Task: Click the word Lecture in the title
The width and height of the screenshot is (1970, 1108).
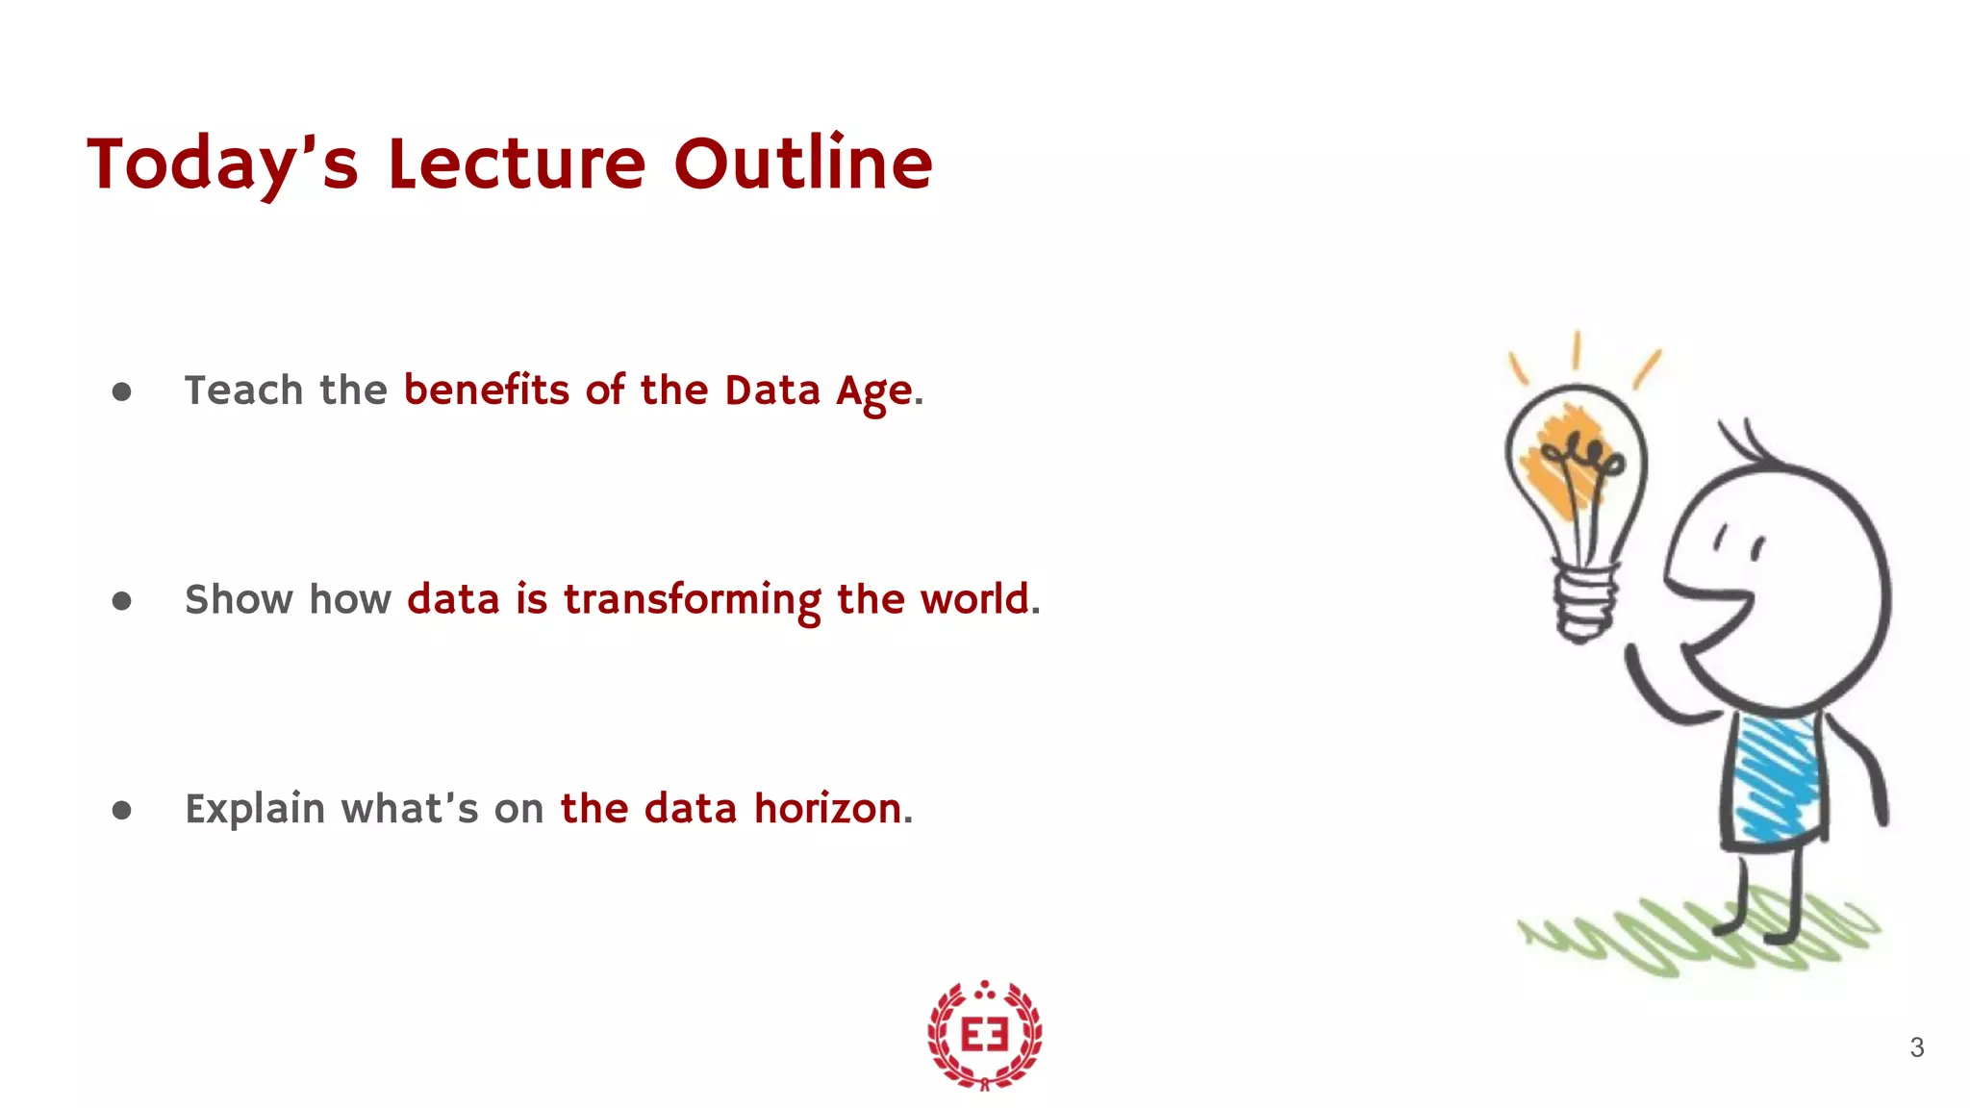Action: (x=517, y=164)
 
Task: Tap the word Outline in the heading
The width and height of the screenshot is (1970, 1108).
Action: (x=803, y=164)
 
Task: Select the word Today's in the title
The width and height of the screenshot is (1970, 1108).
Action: (x=222, y=164)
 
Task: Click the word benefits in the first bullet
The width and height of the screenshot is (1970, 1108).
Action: (x=487, y=390)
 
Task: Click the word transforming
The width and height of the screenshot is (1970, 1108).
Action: (x=692, y=600)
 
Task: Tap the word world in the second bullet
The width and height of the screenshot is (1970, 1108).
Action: (x=973, y=599)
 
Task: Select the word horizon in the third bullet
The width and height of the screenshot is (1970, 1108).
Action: (x=827, y=809)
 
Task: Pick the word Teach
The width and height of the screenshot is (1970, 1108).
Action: (x=243, y=390)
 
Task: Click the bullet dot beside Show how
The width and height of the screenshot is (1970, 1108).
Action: (x=121, y=601)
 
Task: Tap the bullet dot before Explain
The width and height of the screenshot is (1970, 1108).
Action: (x=121, y=810)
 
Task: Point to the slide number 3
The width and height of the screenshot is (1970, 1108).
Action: (x=1916, y=1047)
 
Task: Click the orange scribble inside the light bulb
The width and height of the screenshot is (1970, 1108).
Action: (x=1560, y=462)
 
